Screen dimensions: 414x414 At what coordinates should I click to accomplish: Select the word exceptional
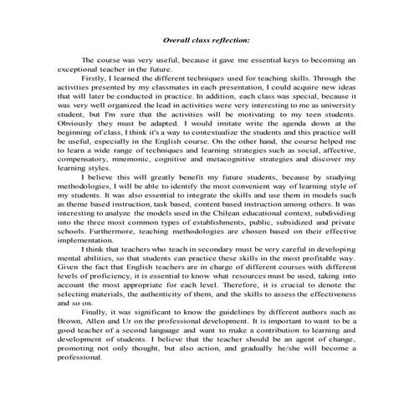pos(79,73)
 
